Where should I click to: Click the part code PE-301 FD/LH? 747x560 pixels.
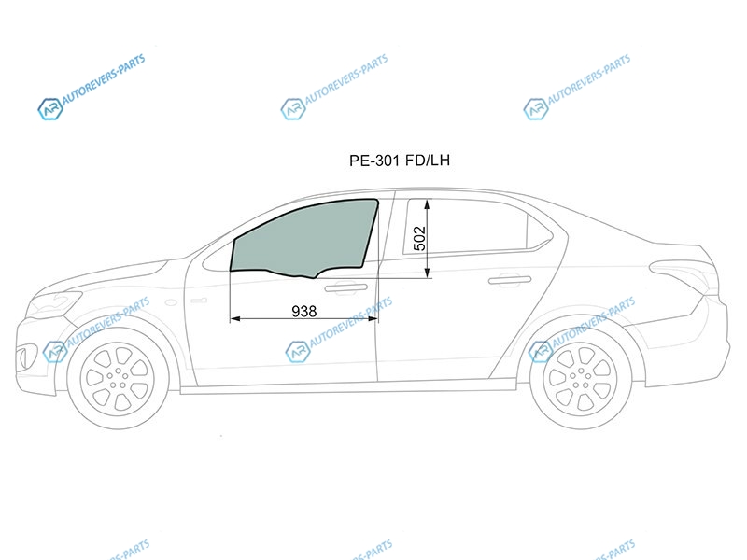pyautogui.click(x=400, y=161)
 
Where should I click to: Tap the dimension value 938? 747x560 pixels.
pyautogui.click(x=304, y=312)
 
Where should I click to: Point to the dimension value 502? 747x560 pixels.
pyautogui.click(x=419, y=238)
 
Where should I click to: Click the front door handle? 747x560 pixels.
pyautogui.click(x=345, y=287)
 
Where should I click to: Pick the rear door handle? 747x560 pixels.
pyautogui.click(x=510, y=280)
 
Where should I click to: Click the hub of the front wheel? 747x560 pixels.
pyautogui.click(x=118, y=379)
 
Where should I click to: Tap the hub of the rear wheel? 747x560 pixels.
pyautogui.click(x=580, y=379)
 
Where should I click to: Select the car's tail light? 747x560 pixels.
pyautogui.click(x=683, y=272)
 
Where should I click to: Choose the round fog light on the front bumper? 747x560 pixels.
pyautogui.click(x=21, y=357)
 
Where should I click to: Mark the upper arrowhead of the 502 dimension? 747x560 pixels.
pyautogui.click(x=428, y=204)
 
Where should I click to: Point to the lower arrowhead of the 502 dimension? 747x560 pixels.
pyautogui.click(x=428, y=273)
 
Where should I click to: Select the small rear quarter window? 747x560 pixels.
pyautogui.click(x=540, y=231)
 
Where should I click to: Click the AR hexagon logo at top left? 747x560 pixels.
pyautogui.click(x=50, y=109)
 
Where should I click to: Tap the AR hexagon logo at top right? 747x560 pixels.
pyautogui.click(x=535, y=109)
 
